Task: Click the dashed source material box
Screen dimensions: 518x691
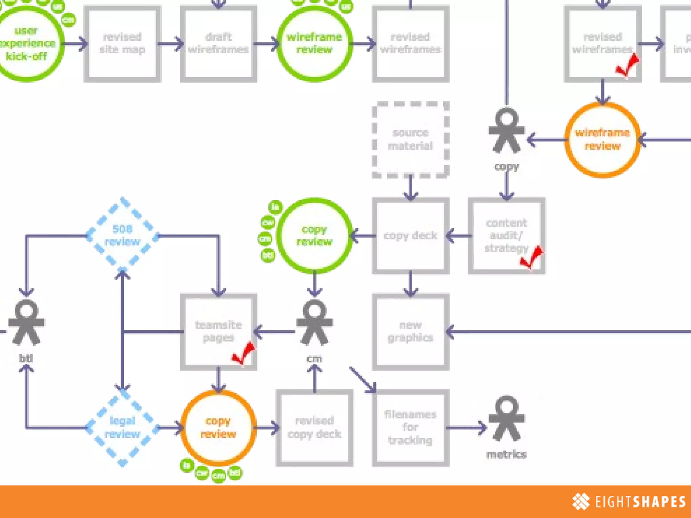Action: [410, 139]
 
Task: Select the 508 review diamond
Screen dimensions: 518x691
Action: [122, 235]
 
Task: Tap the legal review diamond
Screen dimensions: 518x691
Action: [122, 427]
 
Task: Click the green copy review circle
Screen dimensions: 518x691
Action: [314, 235]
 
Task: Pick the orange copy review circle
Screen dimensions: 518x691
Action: [218, 427]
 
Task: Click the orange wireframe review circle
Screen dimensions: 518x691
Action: [602, 139]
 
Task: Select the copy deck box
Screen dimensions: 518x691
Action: [410, 235]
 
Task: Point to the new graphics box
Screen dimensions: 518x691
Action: [410, 332]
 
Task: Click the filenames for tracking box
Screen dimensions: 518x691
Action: [410, 427]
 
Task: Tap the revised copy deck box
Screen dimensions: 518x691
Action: [314, 427]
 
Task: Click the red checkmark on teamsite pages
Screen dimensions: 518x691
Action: [244, 352]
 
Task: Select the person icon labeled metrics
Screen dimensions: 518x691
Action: [506, 418]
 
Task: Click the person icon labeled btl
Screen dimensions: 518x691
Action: [26, 322]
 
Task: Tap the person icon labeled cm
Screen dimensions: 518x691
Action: [314, 322]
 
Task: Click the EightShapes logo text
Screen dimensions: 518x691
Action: [640, 501]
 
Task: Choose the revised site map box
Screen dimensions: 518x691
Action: [122, 44]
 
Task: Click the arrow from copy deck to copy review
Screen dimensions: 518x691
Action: [363, 235]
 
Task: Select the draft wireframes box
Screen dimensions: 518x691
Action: [218, 44]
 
